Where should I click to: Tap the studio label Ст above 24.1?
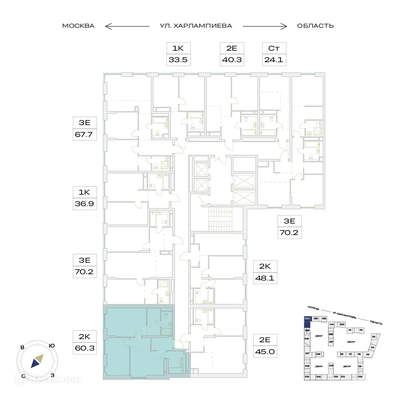coord(275,49)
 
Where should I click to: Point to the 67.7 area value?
coord(85,134)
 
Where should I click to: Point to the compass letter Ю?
coord(51,345)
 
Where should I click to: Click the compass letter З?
coord(52,375)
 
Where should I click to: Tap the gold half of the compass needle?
coord(39,358)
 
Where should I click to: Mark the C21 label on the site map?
coord(307,318)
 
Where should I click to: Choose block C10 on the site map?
coord(360,377)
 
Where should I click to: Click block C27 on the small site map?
coord(331,341)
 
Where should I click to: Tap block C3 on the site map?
coord(373,337)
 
